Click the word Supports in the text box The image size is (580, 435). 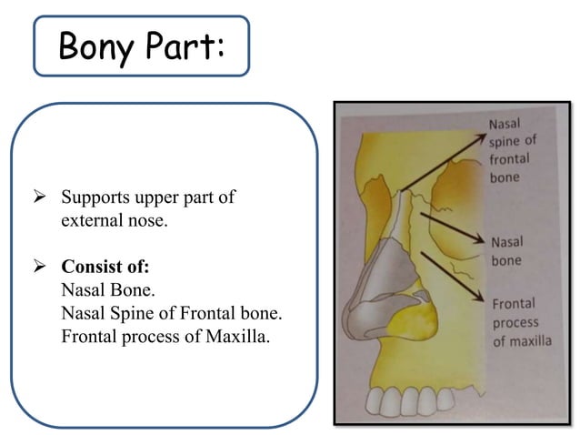point(95,197)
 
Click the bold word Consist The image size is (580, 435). point(90,268)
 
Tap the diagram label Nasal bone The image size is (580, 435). point(505,251)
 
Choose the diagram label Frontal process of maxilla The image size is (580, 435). point(522,322)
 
